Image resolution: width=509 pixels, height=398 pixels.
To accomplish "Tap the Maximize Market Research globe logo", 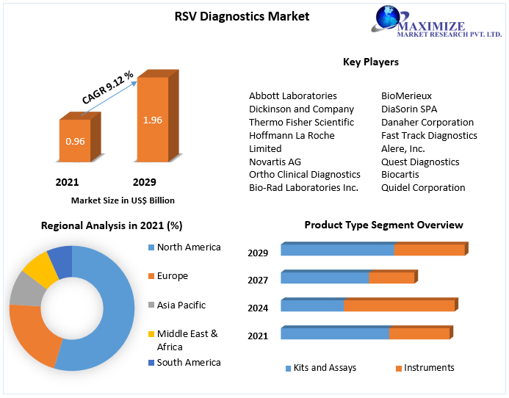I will coord(391,19).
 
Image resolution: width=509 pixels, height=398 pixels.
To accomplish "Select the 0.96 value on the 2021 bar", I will coord(75,140).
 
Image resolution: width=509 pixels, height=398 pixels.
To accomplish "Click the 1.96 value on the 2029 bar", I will coord(153,120).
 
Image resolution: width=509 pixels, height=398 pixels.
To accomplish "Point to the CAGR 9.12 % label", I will coord(107,88).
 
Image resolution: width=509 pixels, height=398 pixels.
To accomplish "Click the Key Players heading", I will coord(370,62).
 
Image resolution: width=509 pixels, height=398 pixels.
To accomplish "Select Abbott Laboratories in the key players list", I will coord(292,95).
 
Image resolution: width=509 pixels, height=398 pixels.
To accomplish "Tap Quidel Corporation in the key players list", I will coord(422,187).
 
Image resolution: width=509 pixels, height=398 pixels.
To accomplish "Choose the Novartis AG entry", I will coord(275,162).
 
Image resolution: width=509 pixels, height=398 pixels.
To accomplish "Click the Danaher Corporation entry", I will coord(427,122).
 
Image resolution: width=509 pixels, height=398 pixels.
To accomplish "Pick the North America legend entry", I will coord(188,247).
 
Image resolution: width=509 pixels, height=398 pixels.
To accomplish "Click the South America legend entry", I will coord(188,362).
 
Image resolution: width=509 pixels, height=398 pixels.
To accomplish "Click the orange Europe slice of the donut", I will coord(31,334).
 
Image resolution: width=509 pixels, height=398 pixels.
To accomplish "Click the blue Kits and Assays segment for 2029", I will coord(337,250).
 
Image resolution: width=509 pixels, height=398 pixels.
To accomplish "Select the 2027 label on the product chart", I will coord(258,280).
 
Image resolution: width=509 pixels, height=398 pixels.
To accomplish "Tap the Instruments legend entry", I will coord(428,368).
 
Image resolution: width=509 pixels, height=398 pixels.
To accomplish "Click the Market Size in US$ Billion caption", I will coord(123,200).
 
